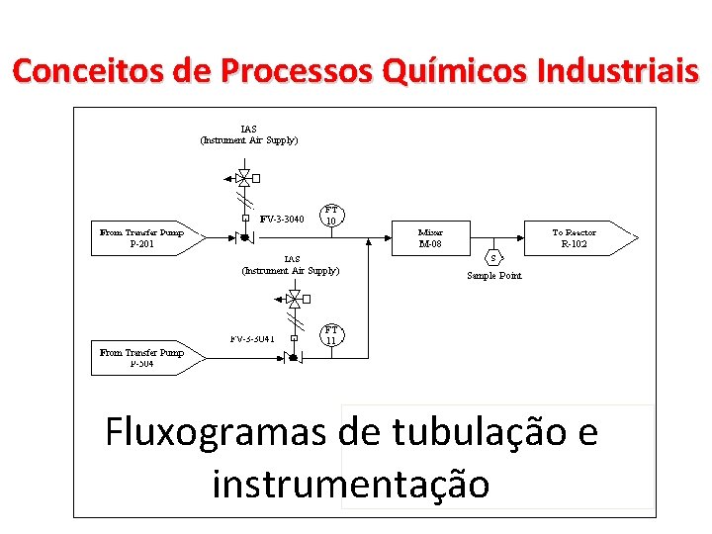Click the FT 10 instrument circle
tap(332, 216)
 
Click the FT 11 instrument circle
tap(332, 335)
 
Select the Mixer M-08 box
tap(430, 238)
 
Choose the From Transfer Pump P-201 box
tap(144, 238)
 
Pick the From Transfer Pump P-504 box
tap(144, 358)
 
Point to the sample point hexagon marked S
tap(492, 257)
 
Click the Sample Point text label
tap(493, 276)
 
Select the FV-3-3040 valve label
tap(282, 219)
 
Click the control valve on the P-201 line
tap(244, 237)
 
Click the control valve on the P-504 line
tap(293, 356)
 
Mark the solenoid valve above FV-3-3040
tap(244, 179)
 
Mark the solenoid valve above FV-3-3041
tap(294, 298)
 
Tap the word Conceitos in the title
tap(79, 72)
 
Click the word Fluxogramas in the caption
tap(216, 433)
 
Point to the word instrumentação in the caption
tap(350, 485)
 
